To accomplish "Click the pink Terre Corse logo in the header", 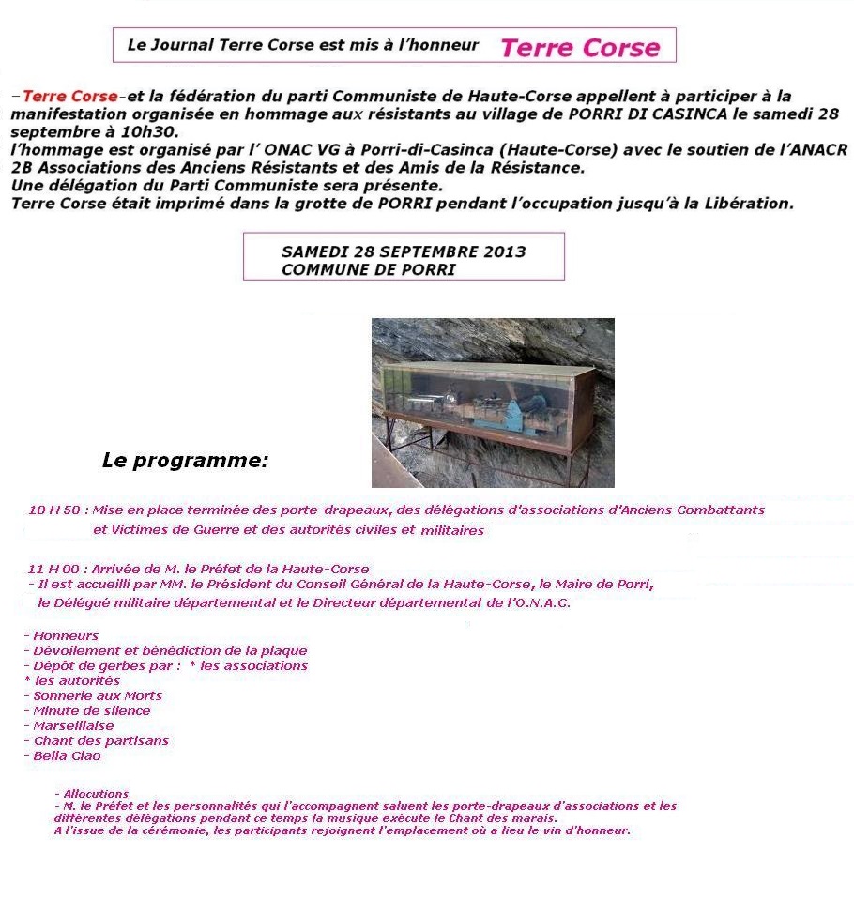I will coord(580,48).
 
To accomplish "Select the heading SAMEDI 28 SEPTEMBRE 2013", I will coord(404,251).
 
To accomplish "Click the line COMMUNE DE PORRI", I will coord(368,269).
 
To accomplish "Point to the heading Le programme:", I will coord(185,461).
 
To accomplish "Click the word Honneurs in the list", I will coord(66,635).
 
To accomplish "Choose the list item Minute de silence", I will coord(91,710).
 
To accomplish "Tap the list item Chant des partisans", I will coord(100,740).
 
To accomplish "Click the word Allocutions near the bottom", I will coord(96,794).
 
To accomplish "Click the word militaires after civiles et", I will coord(452,530).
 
